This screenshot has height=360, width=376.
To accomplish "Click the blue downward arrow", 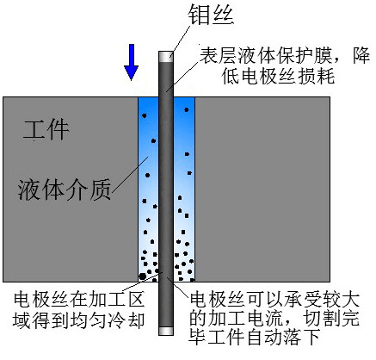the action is pos(131,62).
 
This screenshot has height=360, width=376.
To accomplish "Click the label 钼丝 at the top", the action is pos(211,15).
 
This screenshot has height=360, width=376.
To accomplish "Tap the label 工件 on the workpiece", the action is pos(46,130).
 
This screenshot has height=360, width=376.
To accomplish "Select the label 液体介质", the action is pos(65,189).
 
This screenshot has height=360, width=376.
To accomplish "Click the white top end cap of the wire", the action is pos(166,56).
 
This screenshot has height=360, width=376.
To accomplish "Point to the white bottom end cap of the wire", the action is pos(166,331).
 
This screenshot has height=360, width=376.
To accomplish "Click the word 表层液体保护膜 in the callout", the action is pos(266,55).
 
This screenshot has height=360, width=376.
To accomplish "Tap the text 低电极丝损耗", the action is pos(278,77).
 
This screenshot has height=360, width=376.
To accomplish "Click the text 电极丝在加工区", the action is pos(79,300).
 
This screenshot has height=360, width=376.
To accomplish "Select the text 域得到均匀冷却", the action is pos(78,320).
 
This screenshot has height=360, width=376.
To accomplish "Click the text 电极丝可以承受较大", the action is pos(274,300).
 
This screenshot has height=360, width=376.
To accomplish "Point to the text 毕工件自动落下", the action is pos(254,337).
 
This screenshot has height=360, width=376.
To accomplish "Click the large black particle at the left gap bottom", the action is pos(142,276).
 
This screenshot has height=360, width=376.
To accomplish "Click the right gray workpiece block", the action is pos(262,189).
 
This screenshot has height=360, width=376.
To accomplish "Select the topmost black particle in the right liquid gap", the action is pos(187,109).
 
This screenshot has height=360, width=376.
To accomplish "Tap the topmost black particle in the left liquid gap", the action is pos(145,115).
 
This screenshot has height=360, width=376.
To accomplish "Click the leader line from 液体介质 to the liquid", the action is pos(130,174).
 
